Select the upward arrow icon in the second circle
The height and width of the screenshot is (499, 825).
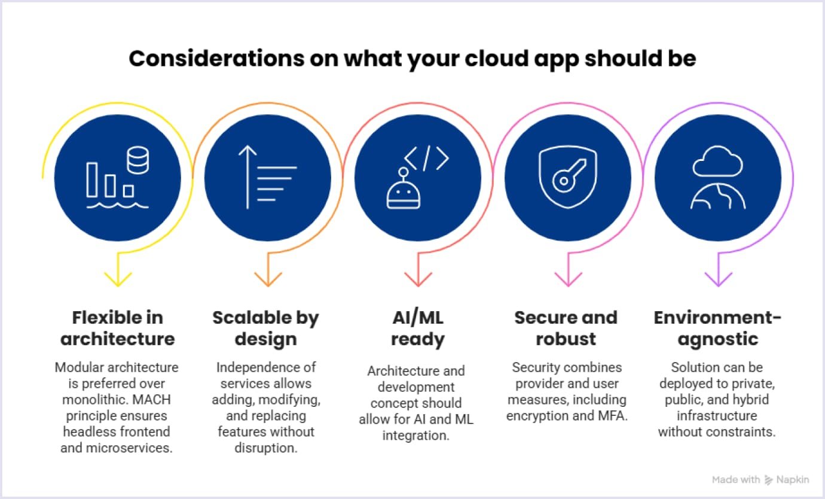[247, 177]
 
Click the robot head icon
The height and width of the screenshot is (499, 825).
[404, 191]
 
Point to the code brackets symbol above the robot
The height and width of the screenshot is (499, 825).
[426, 157]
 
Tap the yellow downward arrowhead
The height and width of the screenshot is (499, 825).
[118, 278]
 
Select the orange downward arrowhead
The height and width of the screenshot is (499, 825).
[268, 278]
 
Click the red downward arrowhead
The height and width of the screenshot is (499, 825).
[418, 278]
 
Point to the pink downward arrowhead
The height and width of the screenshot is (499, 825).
[568, 278]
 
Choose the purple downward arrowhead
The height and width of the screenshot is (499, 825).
[718, 278]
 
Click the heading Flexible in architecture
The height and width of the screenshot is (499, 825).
[118, 328]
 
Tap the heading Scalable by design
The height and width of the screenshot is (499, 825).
[266, 328]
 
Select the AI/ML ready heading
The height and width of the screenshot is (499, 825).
[418, 328]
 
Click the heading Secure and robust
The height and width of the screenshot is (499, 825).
[566, 328]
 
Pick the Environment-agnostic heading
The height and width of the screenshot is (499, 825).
[717, 328]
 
